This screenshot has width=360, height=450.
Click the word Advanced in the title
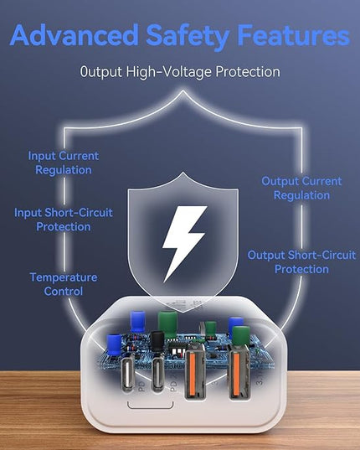pyautogui.click(x=75, y=35)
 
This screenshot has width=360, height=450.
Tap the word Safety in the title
pyautogui.click(x=188, y=37)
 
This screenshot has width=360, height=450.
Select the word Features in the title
pyautogui.click(x=294, y=35)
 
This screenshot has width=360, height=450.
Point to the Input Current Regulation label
pyautogui.click(x=64, y=163)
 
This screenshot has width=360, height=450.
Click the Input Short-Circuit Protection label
pyautogui.click(x=64, y=220)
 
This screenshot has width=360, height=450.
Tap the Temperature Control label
pyautogui.click(x=64, y=284)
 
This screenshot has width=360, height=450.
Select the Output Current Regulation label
pyautogui.click(x=301, y=188)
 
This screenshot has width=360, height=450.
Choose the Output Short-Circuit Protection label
pyautogui.click(x=301, y=262)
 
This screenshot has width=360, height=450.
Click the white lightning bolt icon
pyautogui.click(x=183, y=243)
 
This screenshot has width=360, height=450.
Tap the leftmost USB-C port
pyautogui.click(x=128, y=375)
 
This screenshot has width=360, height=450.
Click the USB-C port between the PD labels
pyautogui.click(x=157, y=375)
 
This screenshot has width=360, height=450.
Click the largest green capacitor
pyautogui.click(x=167, y=324)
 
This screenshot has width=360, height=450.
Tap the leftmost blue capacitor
pyautogui.click(x=114, y=346)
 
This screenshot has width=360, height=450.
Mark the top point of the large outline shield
pyautogui.click(x=183, y=91)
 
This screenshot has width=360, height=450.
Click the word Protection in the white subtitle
pyautogui.click(x=248, y=71)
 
